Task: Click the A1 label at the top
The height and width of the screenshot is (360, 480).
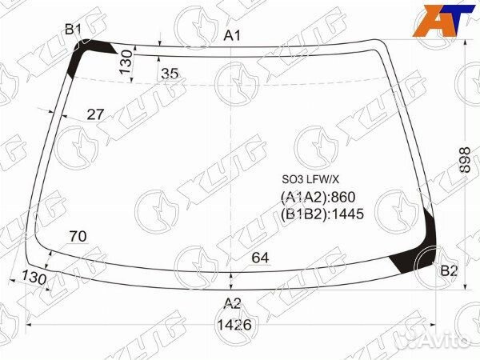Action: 232,35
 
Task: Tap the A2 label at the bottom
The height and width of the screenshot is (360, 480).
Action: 232,302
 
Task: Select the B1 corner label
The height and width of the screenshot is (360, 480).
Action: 74,30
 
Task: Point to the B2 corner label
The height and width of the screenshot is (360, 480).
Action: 449,271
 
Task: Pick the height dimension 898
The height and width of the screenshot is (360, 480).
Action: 466,163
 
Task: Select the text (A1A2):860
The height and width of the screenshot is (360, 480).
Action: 318,197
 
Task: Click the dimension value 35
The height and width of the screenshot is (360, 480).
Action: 169,74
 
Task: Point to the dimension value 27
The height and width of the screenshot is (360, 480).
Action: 95,114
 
